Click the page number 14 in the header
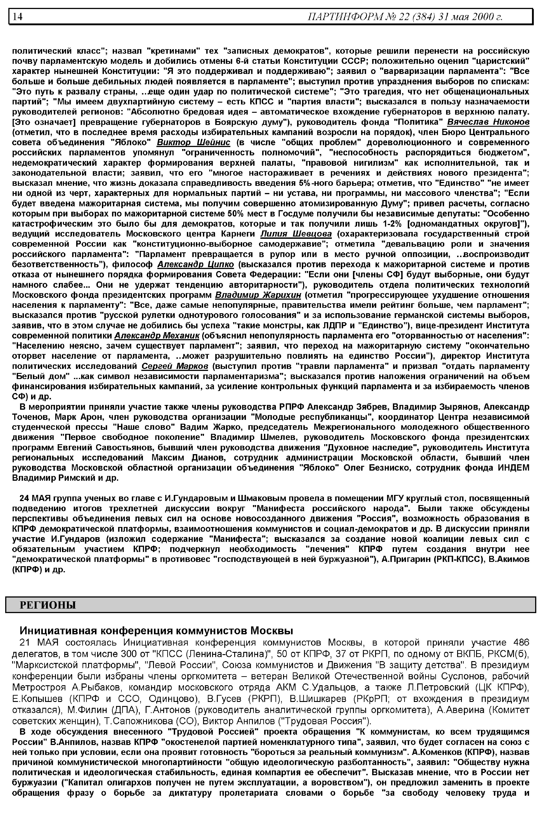click(18, 16)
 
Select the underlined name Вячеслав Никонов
click(488, 122)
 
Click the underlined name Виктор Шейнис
click(194, 142)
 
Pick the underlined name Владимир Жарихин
click(258, 294)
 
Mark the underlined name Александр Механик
click(157, 335)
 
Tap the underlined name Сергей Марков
click(175, 366)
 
